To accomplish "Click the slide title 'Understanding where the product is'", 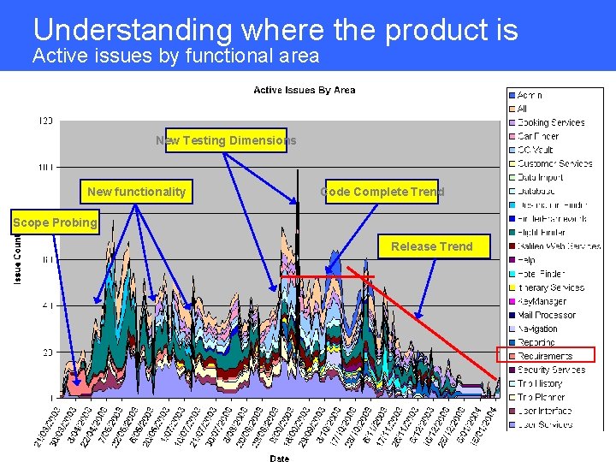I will pos(275,30).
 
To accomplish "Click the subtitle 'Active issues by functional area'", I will pos(175,56).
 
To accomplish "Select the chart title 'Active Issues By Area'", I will pos(304,90).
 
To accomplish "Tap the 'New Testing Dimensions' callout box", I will pos(226,140).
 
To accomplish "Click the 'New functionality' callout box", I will pos(136,192).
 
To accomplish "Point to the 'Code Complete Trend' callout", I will pos(382,192).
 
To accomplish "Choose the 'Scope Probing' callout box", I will pos(55,223).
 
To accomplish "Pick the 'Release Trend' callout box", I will pos(431,246).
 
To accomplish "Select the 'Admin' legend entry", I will pos(530,95).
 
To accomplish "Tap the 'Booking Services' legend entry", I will pos(550,122).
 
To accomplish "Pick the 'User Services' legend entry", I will pos(545,424).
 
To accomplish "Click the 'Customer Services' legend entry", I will pos(554,163).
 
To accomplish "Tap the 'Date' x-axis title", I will pos(279,458).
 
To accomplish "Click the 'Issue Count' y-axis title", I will pos(19,261).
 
